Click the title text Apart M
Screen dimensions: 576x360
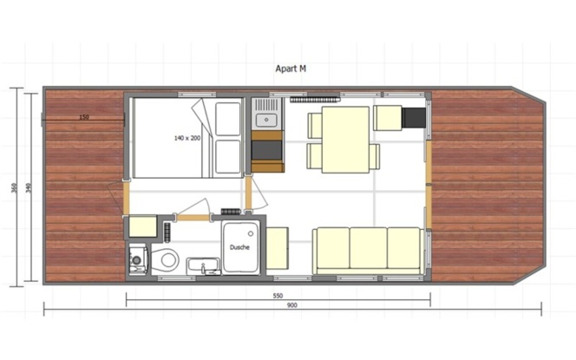291,69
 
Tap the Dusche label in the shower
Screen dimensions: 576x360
239,247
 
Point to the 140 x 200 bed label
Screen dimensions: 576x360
187,138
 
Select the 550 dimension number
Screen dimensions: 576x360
278,296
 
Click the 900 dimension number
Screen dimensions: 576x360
291,305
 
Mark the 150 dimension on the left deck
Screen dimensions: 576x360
84,117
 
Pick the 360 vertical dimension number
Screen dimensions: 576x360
15,188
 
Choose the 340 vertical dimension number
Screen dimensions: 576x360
29,188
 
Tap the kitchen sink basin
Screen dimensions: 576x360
266,120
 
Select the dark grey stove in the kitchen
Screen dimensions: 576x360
267,150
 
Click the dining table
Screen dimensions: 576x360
345,140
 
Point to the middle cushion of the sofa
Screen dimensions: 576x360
368,248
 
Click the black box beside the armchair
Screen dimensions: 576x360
414,118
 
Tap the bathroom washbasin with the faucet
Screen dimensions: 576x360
204,266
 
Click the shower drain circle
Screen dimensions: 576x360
251,233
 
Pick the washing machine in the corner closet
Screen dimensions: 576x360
138,259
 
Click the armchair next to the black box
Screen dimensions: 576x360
388,118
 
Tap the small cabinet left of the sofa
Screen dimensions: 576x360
277,248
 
